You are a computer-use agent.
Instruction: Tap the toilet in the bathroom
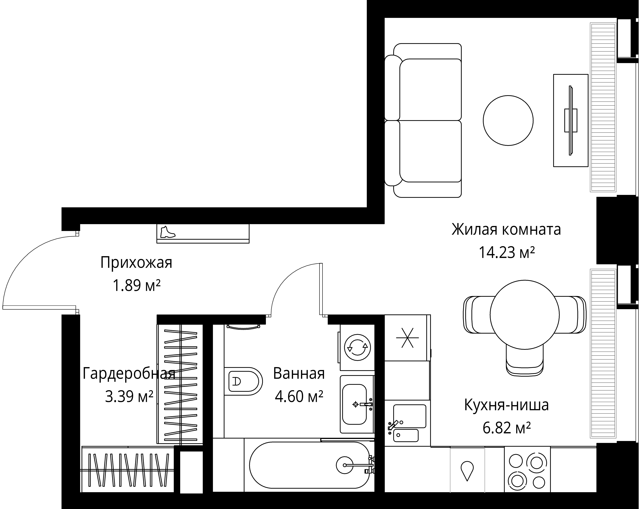coord(243,382)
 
